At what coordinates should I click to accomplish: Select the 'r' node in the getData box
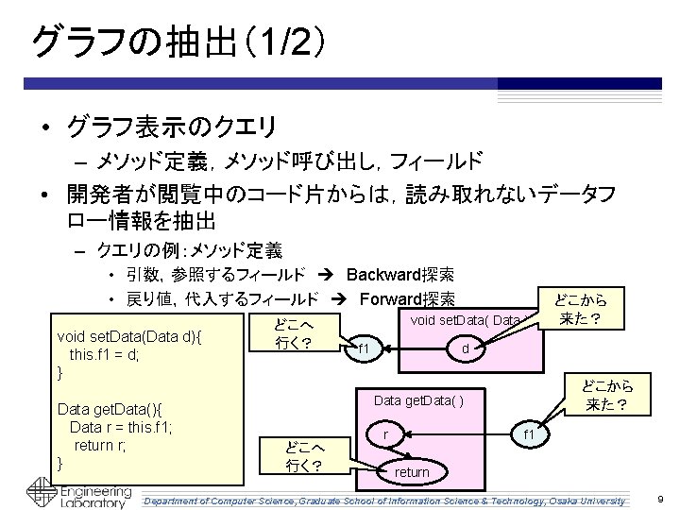tap(385, 433)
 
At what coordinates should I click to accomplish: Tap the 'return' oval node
tap(411, 471)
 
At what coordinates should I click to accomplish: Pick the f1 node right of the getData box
tap(530, 433)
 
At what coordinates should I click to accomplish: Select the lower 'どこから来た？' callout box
tap(606, 397)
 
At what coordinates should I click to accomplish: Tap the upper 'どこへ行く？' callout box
tap(293, 333)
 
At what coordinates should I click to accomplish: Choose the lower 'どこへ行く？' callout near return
tap(303, 456)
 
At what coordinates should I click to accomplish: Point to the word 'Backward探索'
tap(399, 275)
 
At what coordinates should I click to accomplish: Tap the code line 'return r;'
tap(103, 445)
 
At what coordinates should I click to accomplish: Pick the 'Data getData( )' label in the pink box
tap(417, 400)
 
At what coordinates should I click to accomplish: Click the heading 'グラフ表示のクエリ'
tap(170, 125)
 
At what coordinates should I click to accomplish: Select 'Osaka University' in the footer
tap(587, 499)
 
